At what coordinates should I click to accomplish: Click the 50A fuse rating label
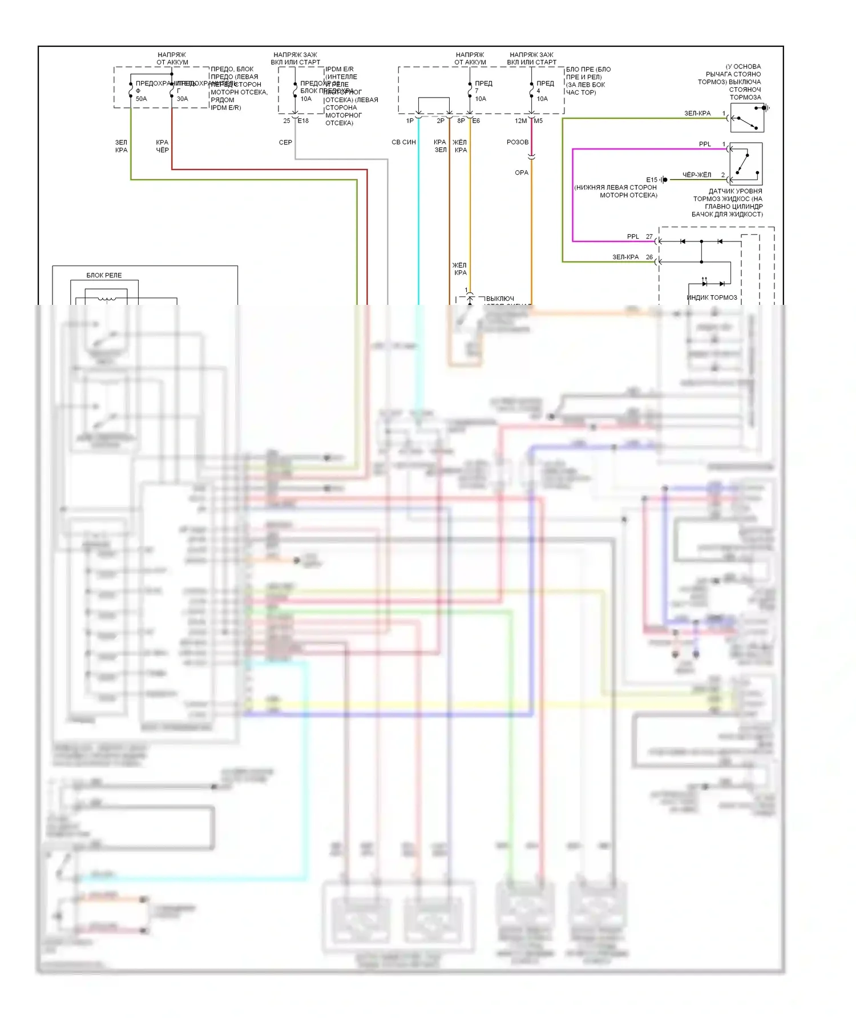tap(141, 99)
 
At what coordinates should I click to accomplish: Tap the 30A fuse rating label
tap(182, 99)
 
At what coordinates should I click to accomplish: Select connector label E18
tap(303, 120)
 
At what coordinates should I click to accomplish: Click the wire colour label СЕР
tap(285, 142)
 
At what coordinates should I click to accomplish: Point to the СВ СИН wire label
tap(403, 142)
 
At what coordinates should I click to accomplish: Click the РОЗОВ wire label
tap(518, 142)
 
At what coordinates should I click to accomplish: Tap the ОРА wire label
tap(522, 172)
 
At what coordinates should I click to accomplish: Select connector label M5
tap(538, 120)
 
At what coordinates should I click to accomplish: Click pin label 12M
tap(520, 120)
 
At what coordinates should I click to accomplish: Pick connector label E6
tap(476, 120)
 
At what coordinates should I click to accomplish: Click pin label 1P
tap(410, 120)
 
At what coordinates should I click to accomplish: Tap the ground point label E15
tap(652, 180)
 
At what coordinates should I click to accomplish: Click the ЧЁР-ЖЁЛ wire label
tap(697, 175)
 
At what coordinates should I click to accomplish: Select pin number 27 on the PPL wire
tap(649, 236)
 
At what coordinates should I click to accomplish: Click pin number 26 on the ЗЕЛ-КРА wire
tap(649, 257)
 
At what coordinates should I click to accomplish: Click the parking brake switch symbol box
tap(747, 118)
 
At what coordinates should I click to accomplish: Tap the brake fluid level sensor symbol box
tap(746, 163)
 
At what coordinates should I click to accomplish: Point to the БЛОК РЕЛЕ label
tap(104, 275)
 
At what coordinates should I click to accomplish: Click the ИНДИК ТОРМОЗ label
tap(712, 297)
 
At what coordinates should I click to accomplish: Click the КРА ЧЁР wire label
tap(162, 146)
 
